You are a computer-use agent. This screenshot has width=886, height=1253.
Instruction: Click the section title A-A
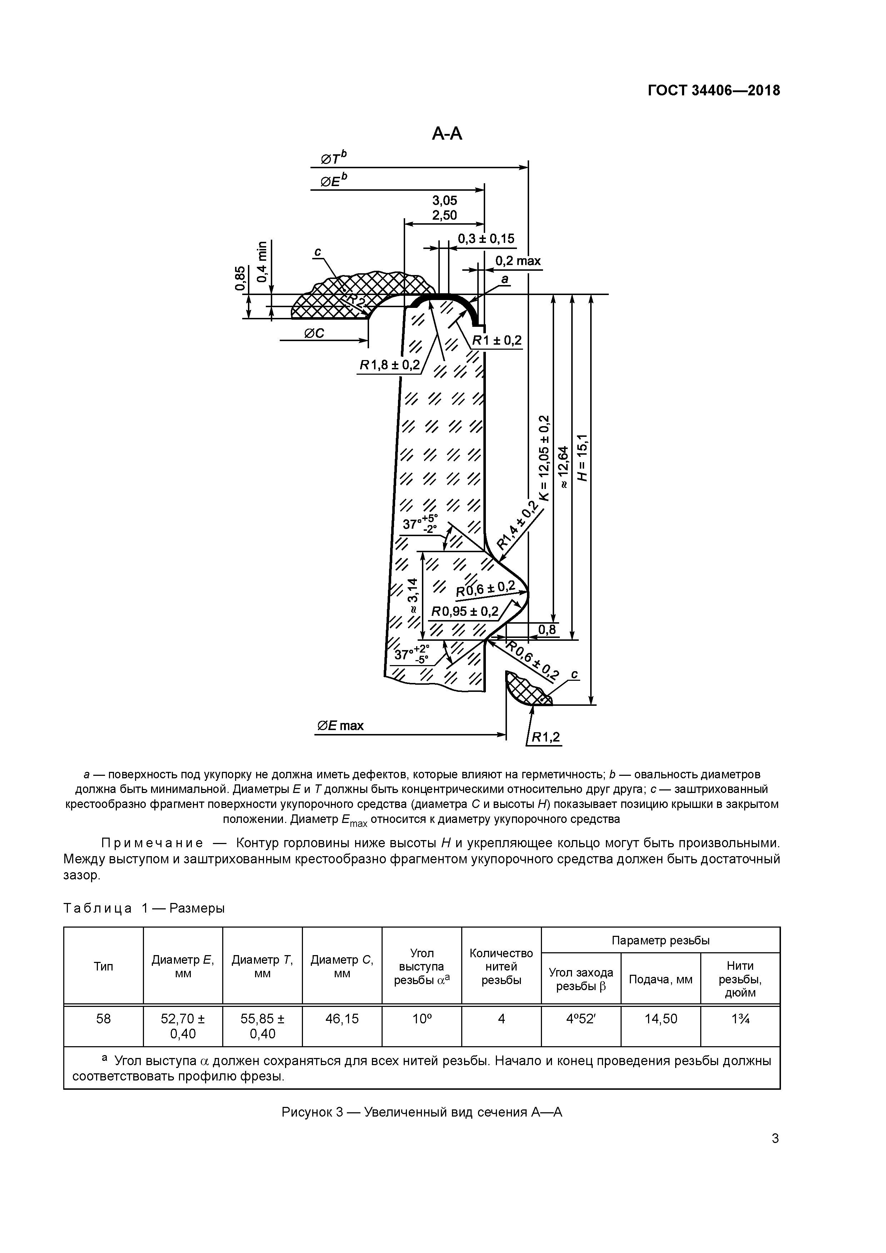447,133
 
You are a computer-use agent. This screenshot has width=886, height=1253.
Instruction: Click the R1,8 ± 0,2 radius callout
390,365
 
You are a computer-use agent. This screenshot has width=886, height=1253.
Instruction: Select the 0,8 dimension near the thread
547,630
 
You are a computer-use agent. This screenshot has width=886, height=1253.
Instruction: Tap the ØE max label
340,726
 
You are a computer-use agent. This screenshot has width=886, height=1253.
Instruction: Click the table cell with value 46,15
342,1019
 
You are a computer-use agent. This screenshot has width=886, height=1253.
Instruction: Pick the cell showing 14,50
661,1019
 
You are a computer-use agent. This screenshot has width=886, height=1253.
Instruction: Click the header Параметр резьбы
661,940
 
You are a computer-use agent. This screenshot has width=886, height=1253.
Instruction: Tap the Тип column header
103,967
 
